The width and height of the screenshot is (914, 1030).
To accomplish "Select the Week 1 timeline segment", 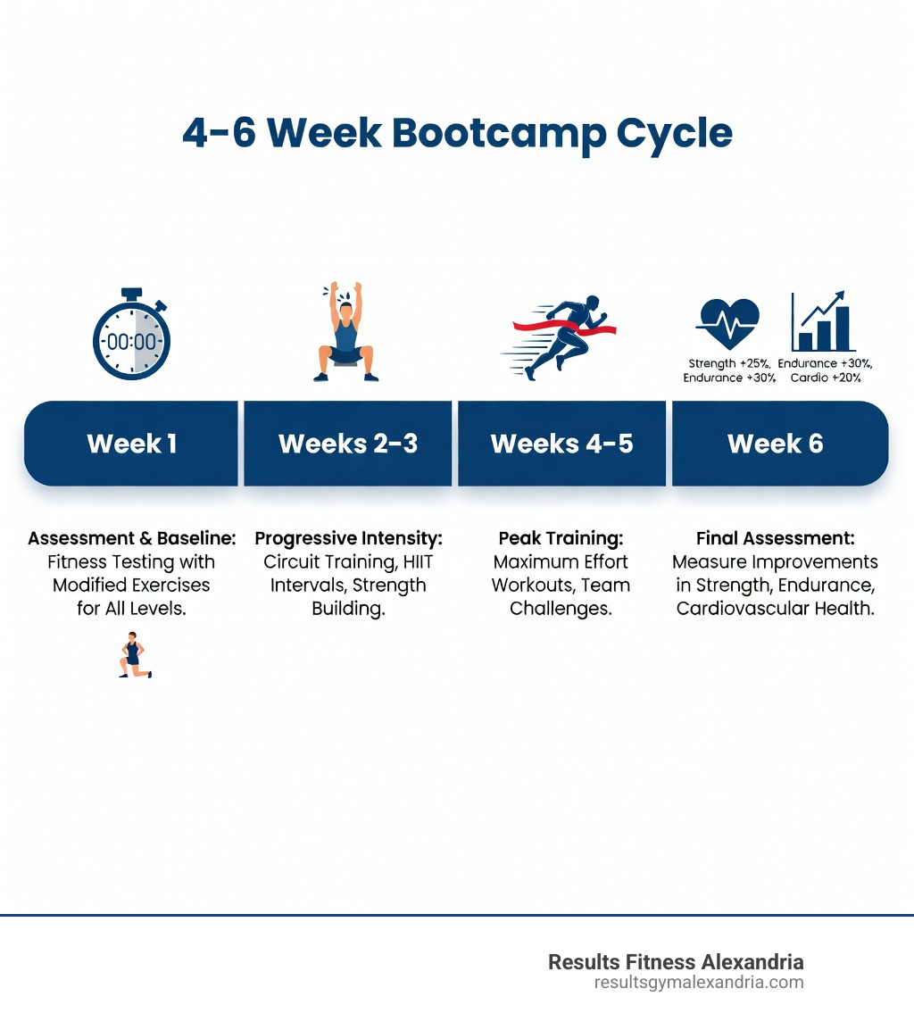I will [132, 444].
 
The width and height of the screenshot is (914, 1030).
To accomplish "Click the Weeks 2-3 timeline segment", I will [347, 444].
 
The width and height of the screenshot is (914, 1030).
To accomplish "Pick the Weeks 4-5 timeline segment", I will [561, 444].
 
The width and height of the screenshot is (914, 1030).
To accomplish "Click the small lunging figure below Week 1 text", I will [134, 655].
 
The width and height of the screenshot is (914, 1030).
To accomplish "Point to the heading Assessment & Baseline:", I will [131, 538].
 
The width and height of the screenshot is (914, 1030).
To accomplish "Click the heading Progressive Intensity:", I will [348, 538].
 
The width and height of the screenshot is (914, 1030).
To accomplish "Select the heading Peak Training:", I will [561, 538].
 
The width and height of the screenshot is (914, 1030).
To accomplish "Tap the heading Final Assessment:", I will [775, 538].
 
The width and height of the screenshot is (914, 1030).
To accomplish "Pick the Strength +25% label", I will [729, 363].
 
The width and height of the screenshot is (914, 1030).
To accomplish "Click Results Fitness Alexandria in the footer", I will [676, 961].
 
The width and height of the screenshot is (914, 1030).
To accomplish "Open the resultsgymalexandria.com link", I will [698, 982].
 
